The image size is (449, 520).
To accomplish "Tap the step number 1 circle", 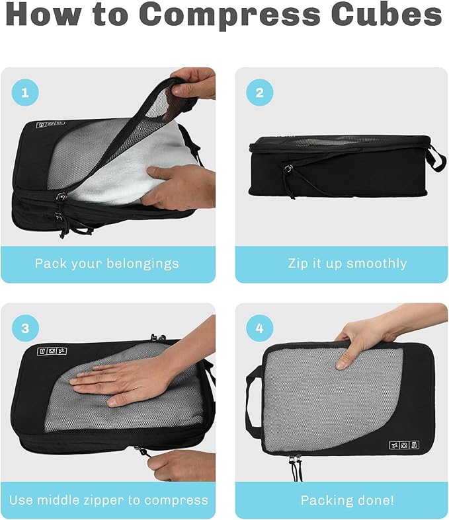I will [25, 93].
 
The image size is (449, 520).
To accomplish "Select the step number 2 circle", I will [259, 93].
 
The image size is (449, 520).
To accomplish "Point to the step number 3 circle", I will [25, 328].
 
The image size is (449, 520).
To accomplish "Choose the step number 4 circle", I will [259, 328].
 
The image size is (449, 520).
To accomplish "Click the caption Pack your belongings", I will [107, 264].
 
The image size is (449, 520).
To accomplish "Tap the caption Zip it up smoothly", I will [347, 264].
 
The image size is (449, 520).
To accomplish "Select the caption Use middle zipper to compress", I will [108, 500].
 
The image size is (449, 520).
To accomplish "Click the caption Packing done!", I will [347, 500].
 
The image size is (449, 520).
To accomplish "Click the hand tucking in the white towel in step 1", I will [175, 186].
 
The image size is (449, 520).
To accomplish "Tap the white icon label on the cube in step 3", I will [52, 352].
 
